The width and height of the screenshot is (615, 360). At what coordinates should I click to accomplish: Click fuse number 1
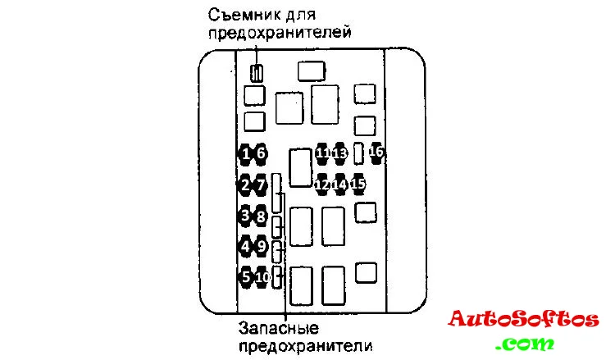coord(245,153)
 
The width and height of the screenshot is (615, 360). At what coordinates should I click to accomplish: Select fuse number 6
coord(261,153)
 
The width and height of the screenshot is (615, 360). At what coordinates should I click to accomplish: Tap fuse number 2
coord(245,185)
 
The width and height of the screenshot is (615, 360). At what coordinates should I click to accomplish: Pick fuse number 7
coord(261,185)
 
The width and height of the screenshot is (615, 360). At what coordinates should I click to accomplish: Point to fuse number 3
coord(245,216)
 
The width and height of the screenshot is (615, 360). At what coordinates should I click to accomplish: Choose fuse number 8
coord(261,216)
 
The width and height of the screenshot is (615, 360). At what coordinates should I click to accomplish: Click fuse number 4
coord(245,245)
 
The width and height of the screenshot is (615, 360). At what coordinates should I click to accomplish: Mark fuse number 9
coord(261,245)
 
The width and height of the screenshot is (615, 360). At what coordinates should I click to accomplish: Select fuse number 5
coord(245,276)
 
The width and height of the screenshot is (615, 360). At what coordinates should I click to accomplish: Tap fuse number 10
coord(262,277)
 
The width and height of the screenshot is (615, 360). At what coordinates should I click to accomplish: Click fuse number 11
coord(322,153)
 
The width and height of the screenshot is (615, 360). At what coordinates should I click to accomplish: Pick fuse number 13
coord(339,153)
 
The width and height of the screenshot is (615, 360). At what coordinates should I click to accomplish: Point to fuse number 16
coord(376,152)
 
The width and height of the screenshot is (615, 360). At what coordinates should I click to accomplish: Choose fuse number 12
coord(322,185)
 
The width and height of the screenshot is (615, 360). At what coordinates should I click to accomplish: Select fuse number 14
coord(339,185)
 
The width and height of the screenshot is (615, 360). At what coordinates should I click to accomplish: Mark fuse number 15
coord(358,185)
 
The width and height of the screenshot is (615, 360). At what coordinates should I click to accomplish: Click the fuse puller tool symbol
coord(257,73)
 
